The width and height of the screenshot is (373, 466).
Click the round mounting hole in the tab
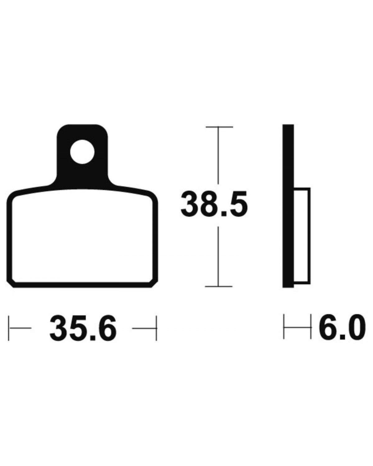tap(82, 152)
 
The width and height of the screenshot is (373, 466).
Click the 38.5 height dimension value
tap(214, 205)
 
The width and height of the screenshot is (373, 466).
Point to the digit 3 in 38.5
tap(190, 205)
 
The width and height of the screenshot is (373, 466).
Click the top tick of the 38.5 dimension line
tap(219, 127)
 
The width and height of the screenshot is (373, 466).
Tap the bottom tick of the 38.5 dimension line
tap(219, 286)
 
